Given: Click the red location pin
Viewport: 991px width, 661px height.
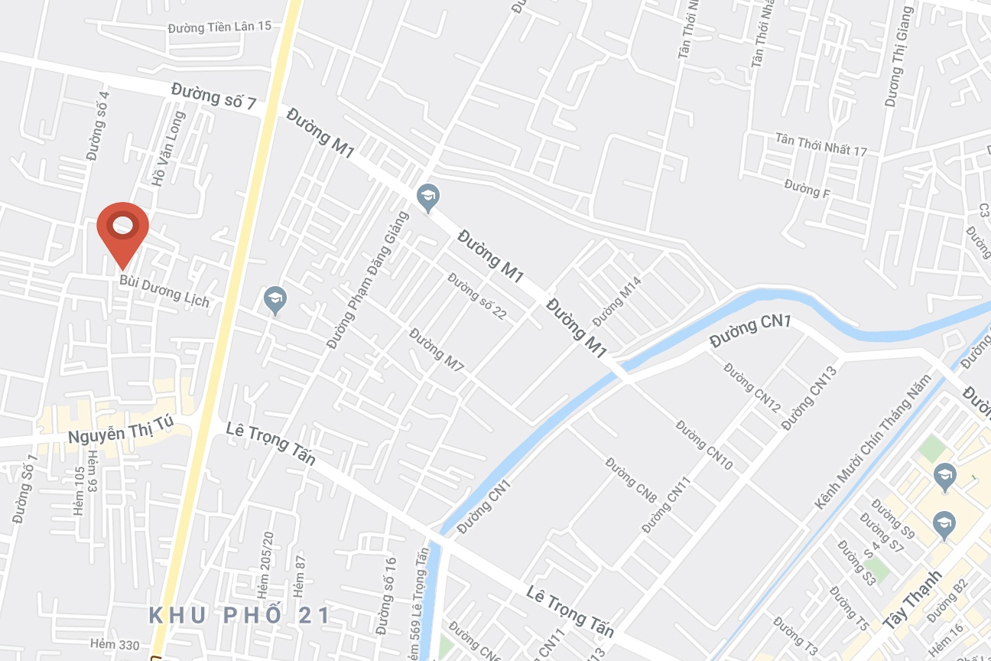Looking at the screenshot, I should tap(122, 228).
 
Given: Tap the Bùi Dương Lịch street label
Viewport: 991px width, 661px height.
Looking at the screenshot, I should tap(164, 288).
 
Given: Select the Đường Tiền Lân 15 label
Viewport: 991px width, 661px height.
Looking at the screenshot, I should tap(219, 27).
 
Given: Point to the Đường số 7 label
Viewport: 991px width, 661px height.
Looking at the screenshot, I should tap(213, 97).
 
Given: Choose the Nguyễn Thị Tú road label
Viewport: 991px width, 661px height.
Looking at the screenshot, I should tap(121, 431).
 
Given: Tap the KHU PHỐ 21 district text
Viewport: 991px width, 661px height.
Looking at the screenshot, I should tap(239, 615).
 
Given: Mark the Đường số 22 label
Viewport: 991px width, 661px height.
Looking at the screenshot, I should tap(478, 296).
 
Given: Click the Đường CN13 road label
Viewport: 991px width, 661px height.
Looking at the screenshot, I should tap(809, 398).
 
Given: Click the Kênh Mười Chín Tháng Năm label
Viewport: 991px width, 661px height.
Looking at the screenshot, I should tap(873, 442).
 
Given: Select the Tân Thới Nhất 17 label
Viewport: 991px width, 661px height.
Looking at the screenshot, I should tap(821, 145).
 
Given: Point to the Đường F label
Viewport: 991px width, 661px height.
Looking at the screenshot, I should tap(807, 187).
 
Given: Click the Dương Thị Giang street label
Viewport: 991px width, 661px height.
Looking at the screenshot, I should tap(899, 57).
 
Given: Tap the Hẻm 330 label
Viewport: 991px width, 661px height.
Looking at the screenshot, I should tap(115, 645).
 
